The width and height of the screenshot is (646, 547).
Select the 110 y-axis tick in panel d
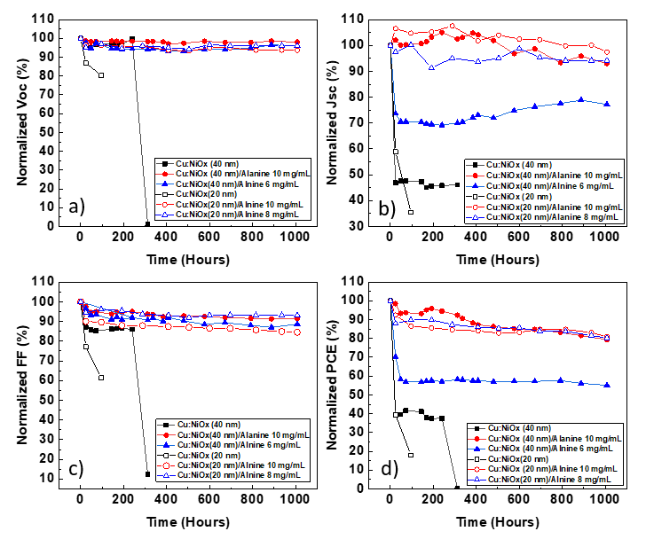[x=370, y=281]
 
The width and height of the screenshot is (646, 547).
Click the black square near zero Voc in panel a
[x=147, y=224]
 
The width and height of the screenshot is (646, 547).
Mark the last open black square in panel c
[x=101, y=378]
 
